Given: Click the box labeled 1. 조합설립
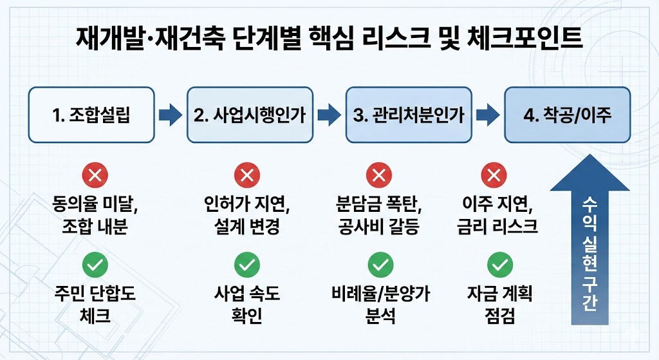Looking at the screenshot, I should coord(91,116).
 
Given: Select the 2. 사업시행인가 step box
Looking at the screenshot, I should coord(249,116).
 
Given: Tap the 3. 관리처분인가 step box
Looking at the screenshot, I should coord(409,116).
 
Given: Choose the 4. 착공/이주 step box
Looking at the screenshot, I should coord(567,116).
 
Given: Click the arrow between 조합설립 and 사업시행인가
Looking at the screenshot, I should coord(171,116).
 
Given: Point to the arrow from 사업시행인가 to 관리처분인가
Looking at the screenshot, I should coord(329,116).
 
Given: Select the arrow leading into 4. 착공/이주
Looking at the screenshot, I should coord(488,116).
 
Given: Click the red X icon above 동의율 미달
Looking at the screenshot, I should coord(95,175).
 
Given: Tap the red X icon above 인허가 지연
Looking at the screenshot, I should coord(246,175).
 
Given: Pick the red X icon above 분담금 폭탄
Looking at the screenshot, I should coord(379,175).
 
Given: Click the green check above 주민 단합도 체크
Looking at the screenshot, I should coord(95,263).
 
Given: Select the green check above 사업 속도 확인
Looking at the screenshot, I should coord(246,263).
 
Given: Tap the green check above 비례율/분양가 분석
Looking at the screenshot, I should coord(380,263).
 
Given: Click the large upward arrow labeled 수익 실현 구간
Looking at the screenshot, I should coord(589,251).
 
